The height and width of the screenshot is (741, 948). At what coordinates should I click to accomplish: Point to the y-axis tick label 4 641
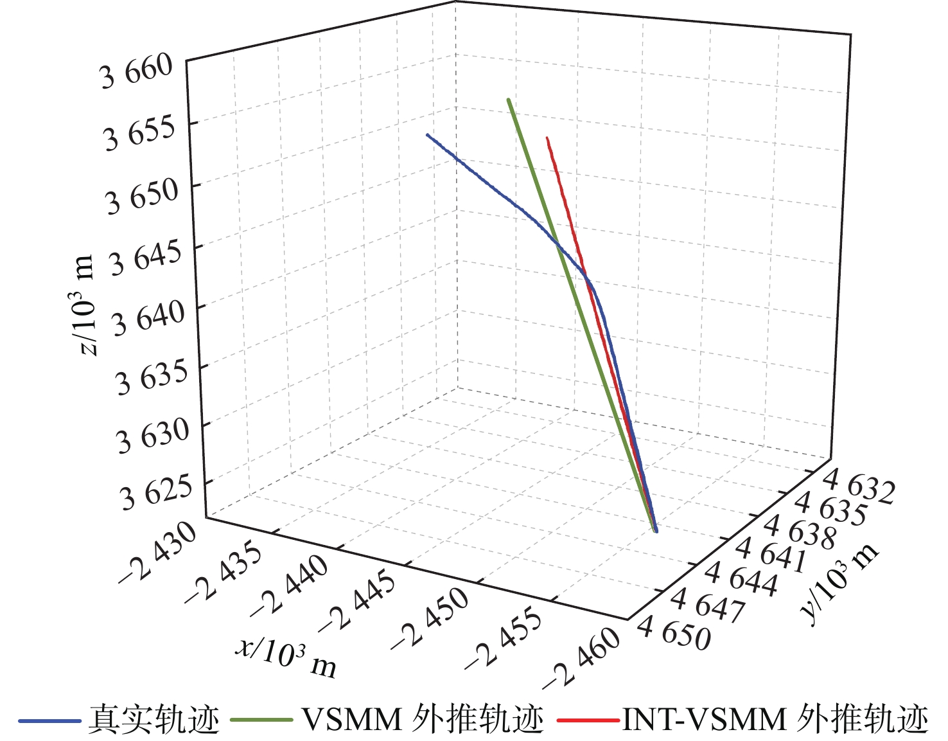click(770, 556)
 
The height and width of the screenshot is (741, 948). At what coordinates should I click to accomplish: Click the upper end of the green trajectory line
click(509, 100)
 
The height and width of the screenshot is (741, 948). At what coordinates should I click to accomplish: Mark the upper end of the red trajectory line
click(547, 138)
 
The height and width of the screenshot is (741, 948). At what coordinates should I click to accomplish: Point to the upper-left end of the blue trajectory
click(427, 135)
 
